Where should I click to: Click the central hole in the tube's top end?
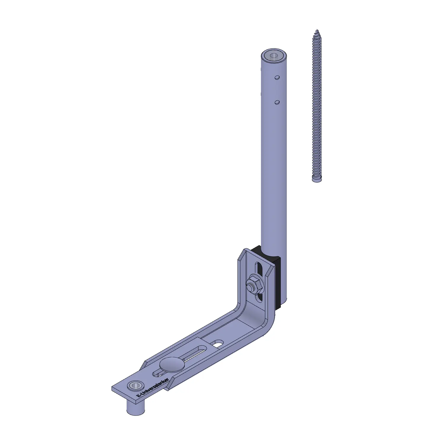tap(274, 56)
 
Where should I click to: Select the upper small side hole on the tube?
tap(277, 78)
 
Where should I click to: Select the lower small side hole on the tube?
tap(277, 102)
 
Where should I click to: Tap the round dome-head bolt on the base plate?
tap(171, 365)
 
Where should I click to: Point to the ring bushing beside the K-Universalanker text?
tap(135, 385)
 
